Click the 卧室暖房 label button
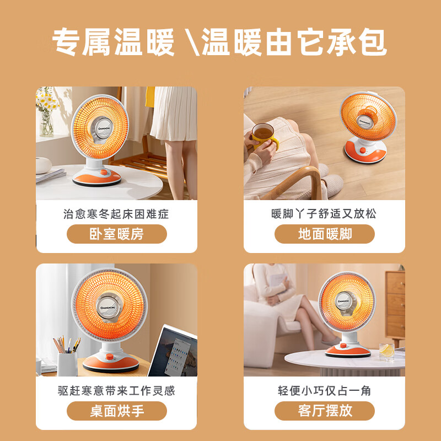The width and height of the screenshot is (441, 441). (x=116, y=234)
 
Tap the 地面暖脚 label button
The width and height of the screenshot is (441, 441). (x=325, y=234)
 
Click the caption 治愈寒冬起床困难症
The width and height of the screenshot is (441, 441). (x=116, y=214)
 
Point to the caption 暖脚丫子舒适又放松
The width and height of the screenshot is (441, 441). (x=325, y=214)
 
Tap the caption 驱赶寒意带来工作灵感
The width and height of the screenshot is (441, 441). (x=116, y=391)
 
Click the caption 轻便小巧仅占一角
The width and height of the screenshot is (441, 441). (x=325, y=391)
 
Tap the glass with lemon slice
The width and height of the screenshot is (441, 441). (x=387, y=350)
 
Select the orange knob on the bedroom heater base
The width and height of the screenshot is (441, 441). (x=103, y=173)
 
